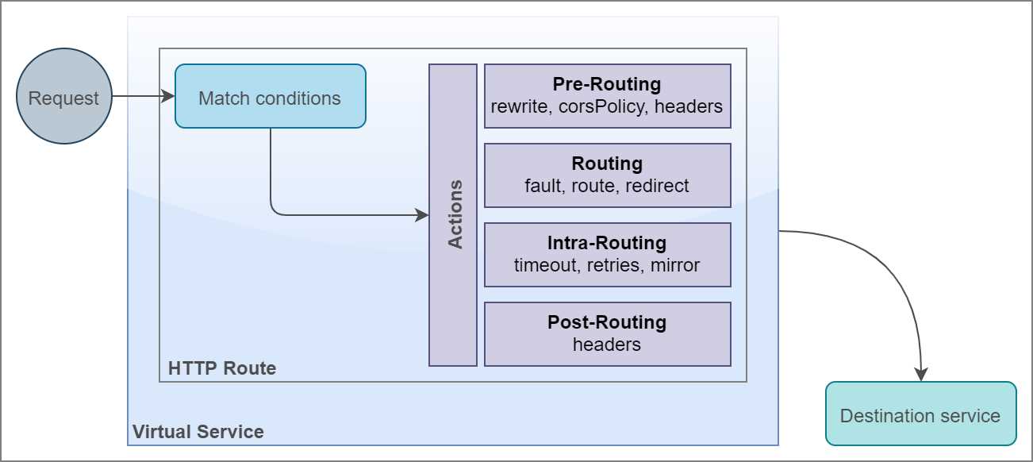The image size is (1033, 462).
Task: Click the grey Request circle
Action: point(63,97)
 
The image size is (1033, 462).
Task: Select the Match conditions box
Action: point(270,97)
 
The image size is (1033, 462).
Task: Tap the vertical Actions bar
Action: point(453,214)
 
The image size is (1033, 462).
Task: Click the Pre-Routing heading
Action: point(607,84)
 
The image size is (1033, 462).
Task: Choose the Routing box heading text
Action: point(607,164)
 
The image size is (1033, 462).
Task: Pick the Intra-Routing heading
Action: point(607,243)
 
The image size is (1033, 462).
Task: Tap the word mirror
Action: point(675,265)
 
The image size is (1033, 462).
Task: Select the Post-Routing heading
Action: point(607,322)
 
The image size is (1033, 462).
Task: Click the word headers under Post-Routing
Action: point(607,345)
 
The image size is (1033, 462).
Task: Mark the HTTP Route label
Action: point(222,368)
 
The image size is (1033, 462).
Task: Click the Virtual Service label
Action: point(198,433)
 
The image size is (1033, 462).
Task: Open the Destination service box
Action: point(920,414)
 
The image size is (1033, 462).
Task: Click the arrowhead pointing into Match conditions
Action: point(168,96)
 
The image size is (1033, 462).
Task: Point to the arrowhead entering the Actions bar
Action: point(423,215)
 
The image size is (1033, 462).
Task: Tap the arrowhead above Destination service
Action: point(920,374)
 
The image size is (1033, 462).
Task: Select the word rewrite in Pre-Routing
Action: point(518,106)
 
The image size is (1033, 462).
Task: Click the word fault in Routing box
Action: point(543,186)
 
